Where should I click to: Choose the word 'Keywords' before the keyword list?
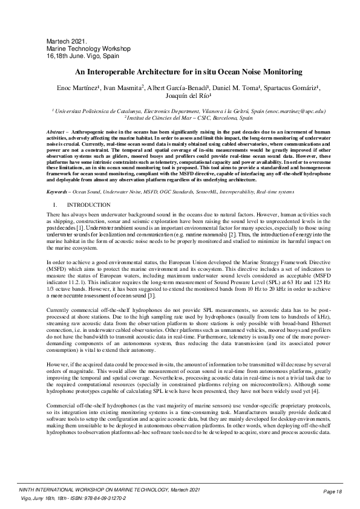coord(58,175)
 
